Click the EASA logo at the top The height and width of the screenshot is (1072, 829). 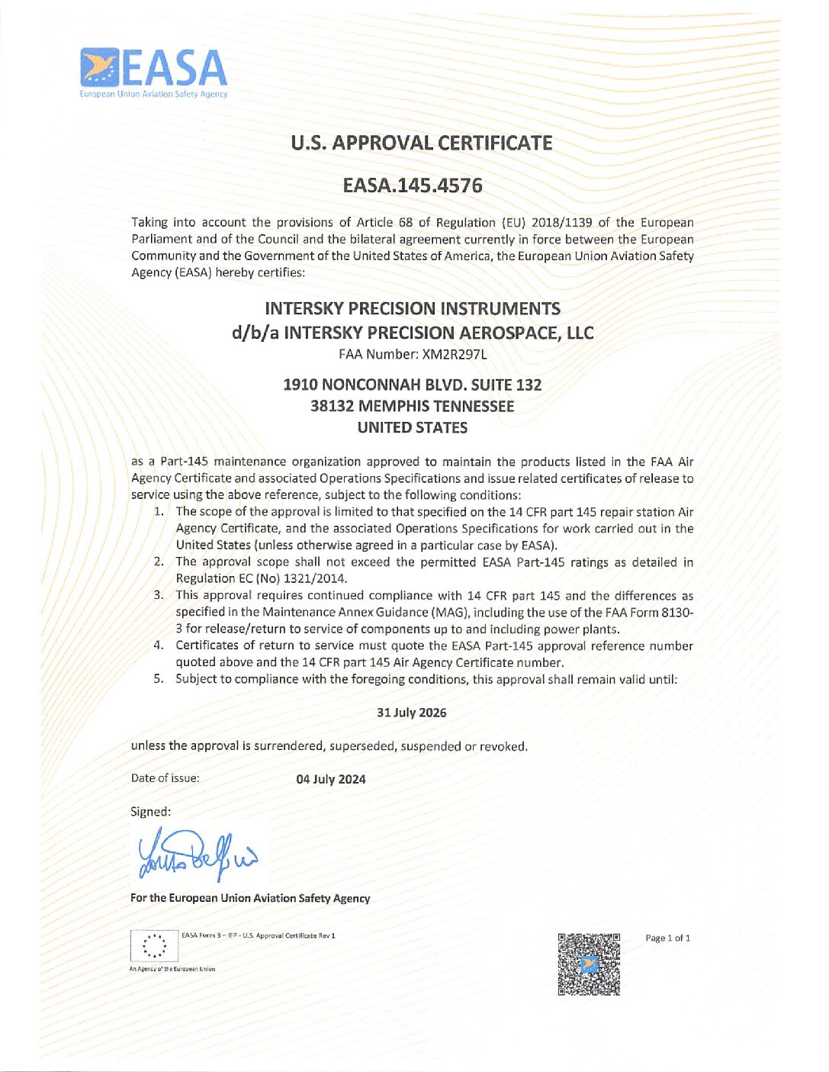[x=153, y=71]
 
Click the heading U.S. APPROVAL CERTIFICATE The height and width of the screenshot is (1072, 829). [x=421, y=143]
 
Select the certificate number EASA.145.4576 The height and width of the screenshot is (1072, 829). [x=413, y=185]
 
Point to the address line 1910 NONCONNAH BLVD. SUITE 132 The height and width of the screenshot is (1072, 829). [x=412, y=385]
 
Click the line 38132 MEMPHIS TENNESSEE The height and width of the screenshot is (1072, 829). [x=412, y=406]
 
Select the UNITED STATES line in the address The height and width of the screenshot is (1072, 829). [x=412, y=427]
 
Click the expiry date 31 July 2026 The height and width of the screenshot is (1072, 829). [x=412, y=713]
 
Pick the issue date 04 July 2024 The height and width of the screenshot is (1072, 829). [x=331, y=779]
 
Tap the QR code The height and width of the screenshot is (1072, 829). [x=589, y=964]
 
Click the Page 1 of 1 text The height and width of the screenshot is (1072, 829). [x=667, y=938]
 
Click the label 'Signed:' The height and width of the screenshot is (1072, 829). [x=151, y=812]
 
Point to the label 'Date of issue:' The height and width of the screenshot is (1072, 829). [x=165, y=778]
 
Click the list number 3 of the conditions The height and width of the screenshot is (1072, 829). [x=158, y=595]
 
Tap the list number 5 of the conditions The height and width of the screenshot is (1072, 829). [x=158, y=679]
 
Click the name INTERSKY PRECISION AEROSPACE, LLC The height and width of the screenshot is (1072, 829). [x=439, y=333]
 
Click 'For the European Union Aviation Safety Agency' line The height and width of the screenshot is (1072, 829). [x=250, y=898]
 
